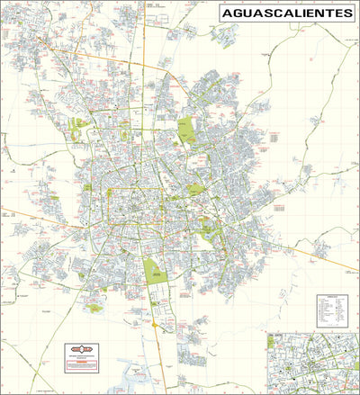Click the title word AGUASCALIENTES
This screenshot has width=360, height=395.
[x=286, y=14]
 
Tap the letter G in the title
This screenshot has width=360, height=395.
[x=235, y=14]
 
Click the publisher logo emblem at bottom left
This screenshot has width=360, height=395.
[x=81, y=347]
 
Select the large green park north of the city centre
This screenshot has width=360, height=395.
[x=186, y=131]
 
